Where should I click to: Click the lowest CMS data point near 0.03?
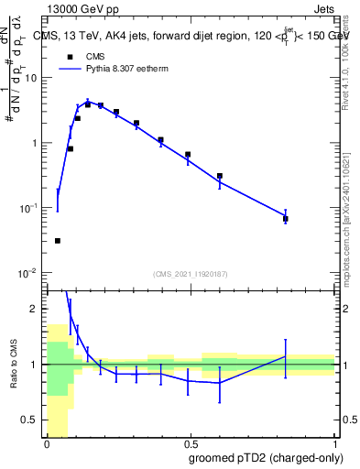58,241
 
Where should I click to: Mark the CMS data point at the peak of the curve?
88,104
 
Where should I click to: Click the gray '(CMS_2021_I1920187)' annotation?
191,274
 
